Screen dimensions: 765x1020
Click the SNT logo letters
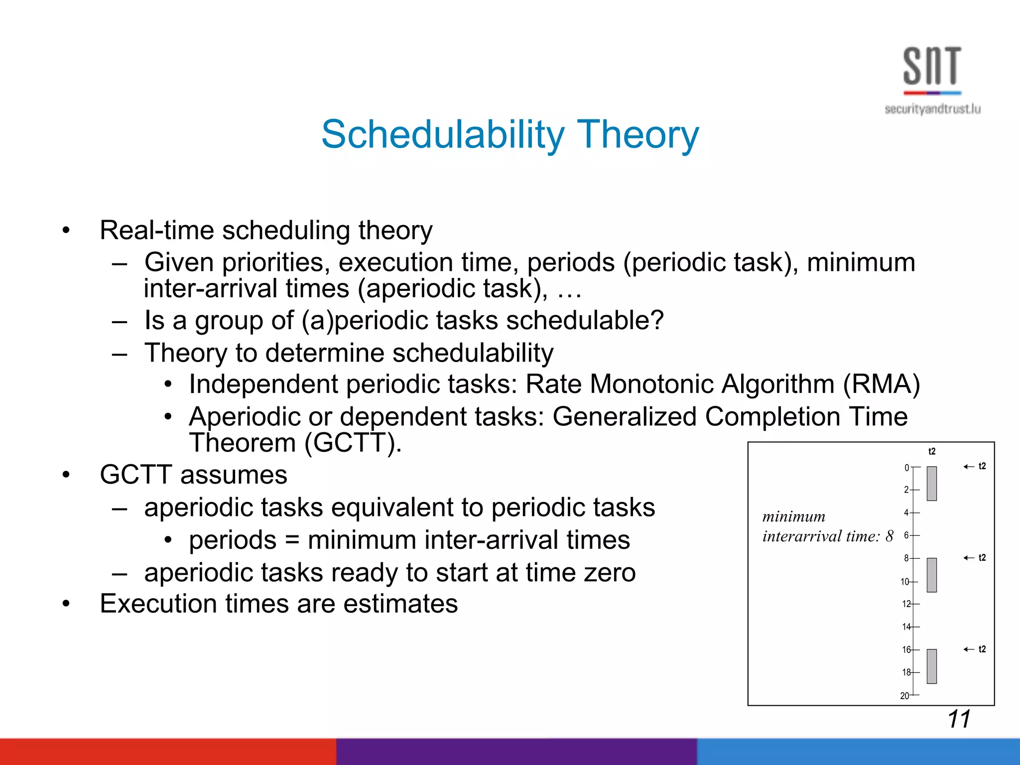[x=932, y=66]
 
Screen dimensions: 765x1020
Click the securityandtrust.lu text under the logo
[x=932, y=109]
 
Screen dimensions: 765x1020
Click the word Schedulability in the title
[x=443, y=134]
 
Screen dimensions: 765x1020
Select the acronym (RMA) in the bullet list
[x=881, y=384]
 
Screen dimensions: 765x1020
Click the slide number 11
[x=959, y=719]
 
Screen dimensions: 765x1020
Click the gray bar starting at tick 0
[x=931, y=483]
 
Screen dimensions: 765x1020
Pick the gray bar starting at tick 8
[x=931, y=575]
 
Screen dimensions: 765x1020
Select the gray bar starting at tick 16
[x=931, y=666]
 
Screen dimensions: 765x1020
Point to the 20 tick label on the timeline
[x=904, y=696]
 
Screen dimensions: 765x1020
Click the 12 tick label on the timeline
[x=906, y=604]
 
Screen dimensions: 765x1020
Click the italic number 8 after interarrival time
[x=890, y=536]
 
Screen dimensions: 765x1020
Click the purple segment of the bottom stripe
[x=516, y=752]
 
